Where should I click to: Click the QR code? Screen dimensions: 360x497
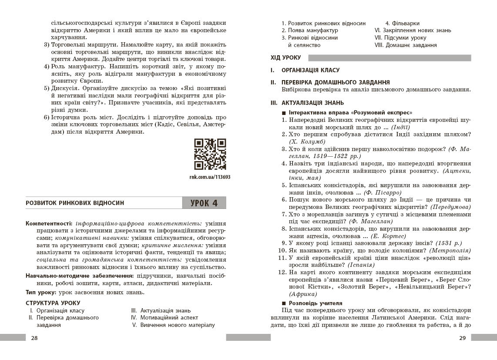coord(210,154)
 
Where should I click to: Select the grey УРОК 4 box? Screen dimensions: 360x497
coord(204,203)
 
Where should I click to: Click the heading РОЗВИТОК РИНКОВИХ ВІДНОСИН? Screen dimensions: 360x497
coord(75,203)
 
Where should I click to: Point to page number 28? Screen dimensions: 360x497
coord(34,338)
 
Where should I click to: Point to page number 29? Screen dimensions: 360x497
coord(462,338)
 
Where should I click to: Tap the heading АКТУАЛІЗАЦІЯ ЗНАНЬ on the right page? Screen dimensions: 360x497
coord(312,103)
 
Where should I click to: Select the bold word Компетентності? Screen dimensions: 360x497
coord(47,223)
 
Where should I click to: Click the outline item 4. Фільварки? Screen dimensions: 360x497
coord(402,23)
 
